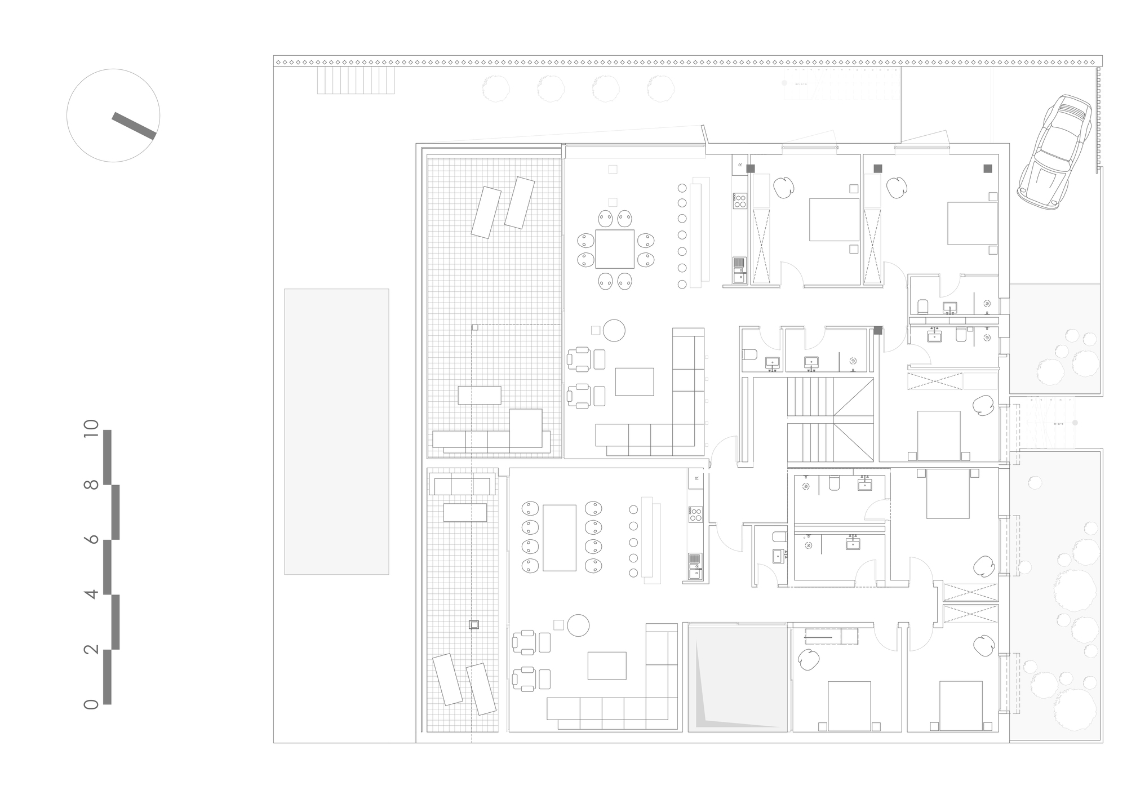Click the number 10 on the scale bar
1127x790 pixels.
click(91, 432)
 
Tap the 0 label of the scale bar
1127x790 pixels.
click(91, 704)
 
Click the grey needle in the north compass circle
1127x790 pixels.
click(134, 126)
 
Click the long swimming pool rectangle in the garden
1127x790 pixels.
click(336, 432)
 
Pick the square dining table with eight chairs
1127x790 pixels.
click(615, 249)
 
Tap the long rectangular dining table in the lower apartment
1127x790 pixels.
click(559, 538)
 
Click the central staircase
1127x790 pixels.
click(830, 420)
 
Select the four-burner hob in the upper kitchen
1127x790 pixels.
click(740, 201)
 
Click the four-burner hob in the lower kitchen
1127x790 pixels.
click(695, 514)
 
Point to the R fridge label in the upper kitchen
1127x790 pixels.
click(740, 166)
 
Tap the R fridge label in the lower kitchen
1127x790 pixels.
click(696, 478)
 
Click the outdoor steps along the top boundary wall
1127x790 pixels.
click(356, 80)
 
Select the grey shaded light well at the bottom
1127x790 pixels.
click(738, 679)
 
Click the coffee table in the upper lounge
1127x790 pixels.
click(635, 381)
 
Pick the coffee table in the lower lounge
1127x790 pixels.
click(607, 665)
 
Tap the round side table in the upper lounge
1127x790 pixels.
click(614, 331)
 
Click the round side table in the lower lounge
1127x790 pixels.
click(578, 625)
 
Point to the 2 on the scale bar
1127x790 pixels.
click(91, 649)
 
